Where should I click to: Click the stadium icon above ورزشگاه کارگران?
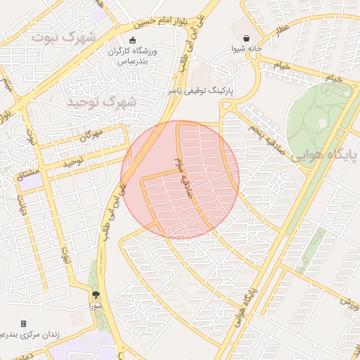(134, 39)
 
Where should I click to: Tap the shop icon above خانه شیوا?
(247, 39)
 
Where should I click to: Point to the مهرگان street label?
(90, 133)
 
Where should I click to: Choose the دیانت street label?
(22, 207)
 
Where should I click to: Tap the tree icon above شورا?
(96, 296)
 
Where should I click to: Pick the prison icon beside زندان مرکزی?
(23, 323)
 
